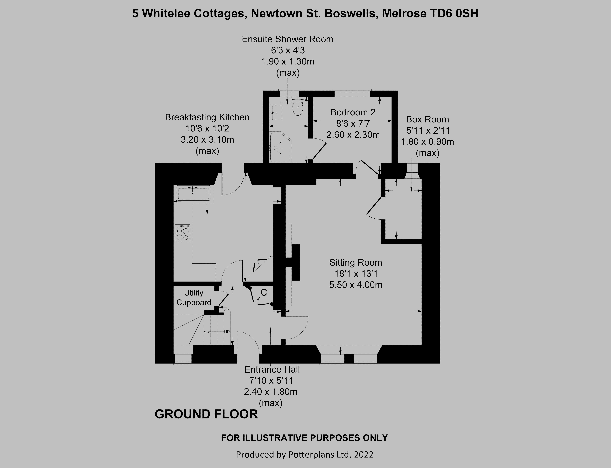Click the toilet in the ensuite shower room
pos(298,108)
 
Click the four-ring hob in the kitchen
pos(183,233)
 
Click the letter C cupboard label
pos(263,293)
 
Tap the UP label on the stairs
pos(227,332)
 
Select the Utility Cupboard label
pos(194,298)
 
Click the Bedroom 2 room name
pos(353,112)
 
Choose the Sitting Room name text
pos(356,262)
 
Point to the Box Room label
pos(427,119)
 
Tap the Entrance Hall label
pos(272,369)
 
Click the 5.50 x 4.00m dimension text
pos(356,285)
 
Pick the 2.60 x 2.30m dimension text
pos(353,135)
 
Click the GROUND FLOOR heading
pos(206,414)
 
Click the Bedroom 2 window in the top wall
pos(352,93)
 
